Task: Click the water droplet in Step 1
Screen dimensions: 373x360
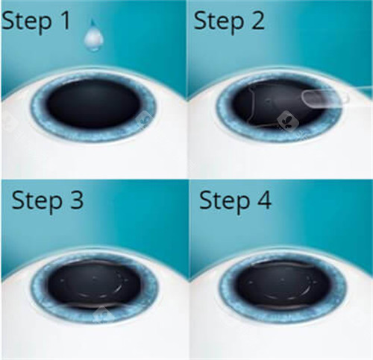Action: [x=93, y=37]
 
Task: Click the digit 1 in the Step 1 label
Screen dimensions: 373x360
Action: [x=66, y=21]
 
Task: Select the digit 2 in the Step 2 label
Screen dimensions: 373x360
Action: [x=257, y=21]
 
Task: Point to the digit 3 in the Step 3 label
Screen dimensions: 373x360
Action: [x=76, y=200]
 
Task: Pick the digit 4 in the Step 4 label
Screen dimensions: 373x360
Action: [x=264, y=200]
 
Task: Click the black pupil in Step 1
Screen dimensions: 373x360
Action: [x=93, y=104]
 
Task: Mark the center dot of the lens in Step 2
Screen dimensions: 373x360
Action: [x=269, y=101]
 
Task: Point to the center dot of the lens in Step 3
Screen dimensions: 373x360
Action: [x=94, y=279]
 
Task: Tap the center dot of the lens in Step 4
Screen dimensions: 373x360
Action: [x=283, y=280]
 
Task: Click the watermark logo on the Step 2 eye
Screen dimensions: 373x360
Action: [x=288, y=121]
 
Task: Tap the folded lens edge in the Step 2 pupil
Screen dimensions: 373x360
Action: [x=251, y=104]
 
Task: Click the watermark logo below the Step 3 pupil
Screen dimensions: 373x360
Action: [x=103, y=314]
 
